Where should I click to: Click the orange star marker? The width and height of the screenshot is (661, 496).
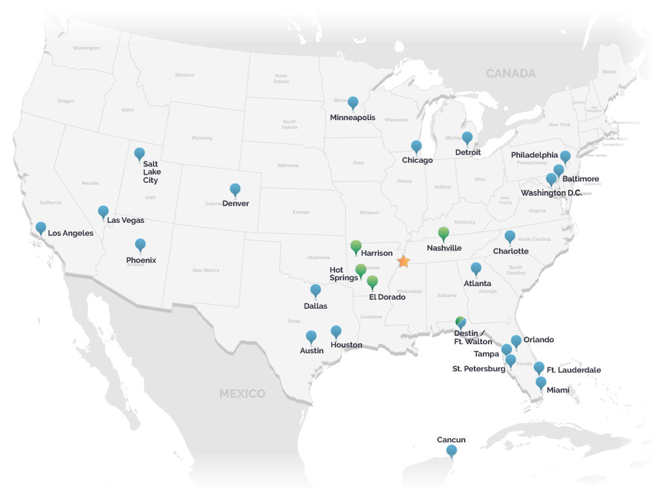403,262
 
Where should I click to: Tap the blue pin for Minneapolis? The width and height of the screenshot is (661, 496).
353,103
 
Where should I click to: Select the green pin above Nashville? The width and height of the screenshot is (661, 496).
443,233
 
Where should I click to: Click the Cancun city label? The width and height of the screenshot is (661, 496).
451,440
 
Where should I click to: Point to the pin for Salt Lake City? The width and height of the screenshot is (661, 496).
139,154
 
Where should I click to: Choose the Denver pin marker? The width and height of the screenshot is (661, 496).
235,189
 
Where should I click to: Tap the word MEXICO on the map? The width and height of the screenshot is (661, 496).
242,393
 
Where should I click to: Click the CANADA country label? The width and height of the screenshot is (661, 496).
511,74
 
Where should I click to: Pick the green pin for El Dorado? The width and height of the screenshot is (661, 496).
372,282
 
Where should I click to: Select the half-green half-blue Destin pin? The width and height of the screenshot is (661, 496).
461,322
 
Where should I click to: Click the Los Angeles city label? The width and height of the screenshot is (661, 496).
71,233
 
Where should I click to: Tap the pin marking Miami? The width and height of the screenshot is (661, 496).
541,382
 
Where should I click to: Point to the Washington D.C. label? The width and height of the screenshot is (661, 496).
551,192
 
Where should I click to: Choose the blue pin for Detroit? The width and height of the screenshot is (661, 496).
467,138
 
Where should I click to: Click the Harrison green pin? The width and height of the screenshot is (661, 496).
356,246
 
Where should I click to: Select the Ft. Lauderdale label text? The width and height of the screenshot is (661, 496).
574,370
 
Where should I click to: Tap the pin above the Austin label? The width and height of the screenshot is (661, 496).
311,336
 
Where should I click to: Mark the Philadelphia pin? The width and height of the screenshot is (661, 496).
565,156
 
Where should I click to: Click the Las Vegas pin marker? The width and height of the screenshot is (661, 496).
103,211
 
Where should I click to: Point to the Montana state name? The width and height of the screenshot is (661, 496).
184,76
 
